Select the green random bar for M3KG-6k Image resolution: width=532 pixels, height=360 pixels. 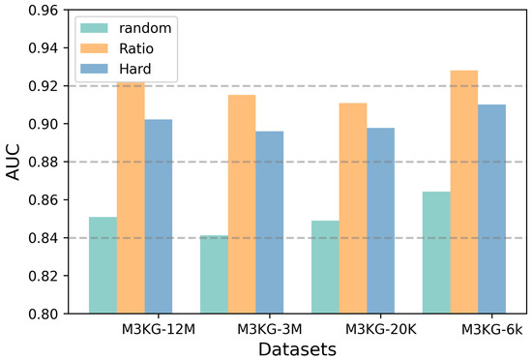(x=436, y=253)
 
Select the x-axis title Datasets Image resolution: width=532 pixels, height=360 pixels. (x=297, y=348)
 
